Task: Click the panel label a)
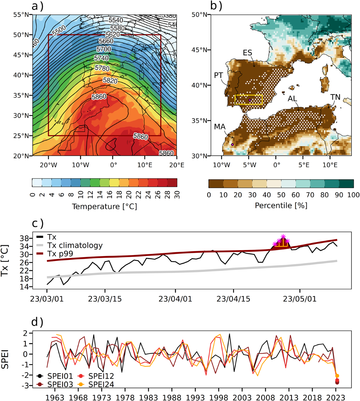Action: coord(37,6)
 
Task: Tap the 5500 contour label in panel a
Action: coord(59,31)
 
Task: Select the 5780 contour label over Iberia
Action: coord(102,68)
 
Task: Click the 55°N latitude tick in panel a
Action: coord(21,15)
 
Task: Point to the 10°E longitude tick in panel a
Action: coord(145,165)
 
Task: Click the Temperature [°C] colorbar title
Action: coord(104,206)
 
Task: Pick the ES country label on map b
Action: coord(247,53)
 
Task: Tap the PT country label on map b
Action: coord(218,76)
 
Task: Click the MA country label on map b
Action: coord(220,127)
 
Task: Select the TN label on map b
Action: coord(335,97)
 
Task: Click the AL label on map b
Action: coord(292,99)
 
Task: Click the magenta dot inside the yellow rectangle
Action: coord(250,100)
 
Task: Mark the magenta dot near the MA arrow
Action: coord(232,144)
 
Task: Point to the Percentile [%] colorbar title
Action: coord(281,205)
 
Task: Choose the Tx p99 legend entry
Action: coord(60,254)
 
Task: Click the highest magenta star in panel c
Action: coord(283,236)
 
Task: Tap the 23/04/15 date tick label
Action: coord(233,299)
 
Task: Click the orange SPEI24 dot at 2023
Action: coord(337,376)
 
